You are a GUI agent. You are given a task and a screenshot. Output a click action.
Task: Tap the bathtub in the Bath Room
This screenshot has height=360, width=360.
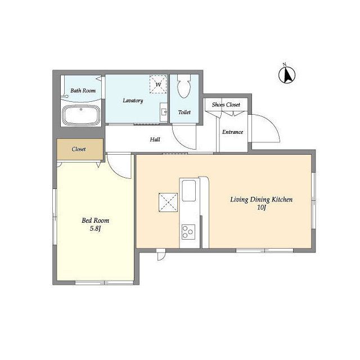click(81, 115)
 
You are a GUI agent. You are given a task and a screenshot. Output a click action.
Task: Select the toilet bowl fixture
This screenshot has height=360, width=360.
click(184, 86)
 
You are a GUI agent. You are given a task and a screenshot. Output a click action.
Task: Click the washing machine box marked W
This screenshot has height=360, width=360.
click(158, 84)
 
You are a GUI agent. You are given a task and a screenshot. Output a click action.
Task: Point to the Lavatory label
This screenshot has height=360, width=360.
click(133, 101)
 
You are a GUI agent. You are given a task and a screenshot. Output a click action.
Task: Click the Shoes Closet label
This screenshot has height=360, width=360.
click(226, 105)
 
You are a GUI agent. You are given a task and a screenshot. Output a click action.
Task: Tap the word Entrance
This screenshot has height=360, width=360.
click(232, 132)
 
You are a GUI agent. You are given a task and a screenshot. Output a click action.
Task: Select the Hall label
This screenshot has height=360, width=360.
click(155, 139)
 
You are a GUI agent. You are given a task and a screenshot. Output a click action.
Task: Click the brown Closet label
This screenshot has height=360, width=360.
click(79, 149)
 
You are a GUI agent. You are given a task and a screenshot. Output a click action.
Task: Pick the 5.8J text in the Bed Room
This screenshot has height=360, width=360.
click(96, 229)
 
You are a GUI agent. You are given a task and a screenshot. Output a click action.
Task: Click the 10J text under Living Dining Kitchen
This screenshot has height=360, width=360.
click(262, 208)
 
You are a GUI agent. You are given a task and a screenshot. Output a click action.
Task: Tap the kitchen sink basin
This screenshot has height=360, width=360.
click(189, 191)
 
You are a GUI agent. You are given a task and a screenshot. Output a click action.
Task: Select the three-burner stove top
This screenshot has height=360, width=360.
click(188, 232)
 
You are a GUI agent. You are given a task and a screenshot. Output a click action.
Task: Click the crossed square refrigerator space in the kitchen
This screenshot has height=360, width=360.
click(168, 202)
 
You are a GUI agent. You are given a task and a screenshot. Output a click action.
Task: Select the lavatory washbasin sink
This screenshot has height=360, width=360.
click(164, 112)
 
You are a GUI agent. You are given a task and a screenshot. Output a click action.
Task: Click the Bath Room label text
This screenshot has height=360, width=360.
click(83, 91)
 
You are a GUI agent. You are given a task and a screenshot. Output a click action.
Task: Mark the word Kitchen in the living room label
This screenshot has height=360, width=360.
click(282, 199)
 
